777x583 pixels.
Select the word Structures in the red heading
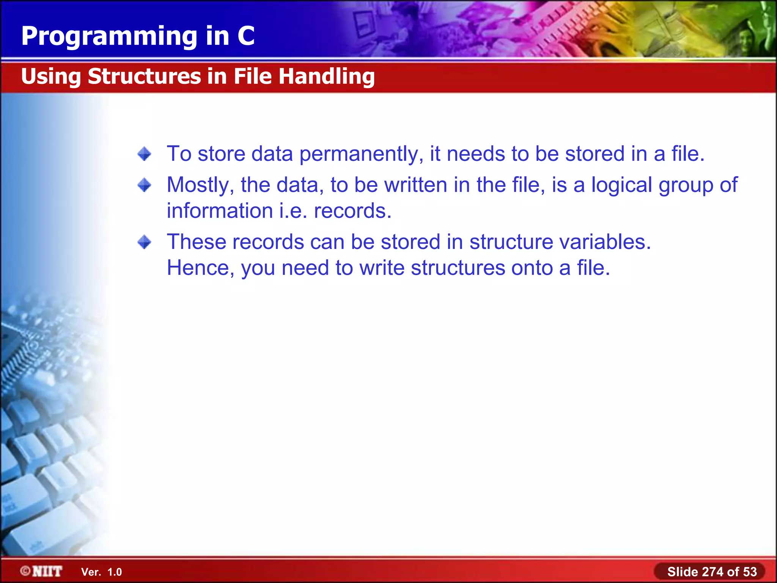click(x=144, y=76)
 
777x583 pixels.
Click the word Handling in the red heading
click(x=326, y=76)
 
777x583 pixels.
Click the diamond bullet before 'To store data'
click(x=144, y=154)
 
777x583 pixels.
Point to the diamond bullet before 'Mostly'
click(x=144, y=185)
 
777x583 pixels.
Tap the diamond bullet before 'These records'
click(x=144, y=242)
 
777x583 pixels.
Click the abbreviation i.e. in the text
click(x=293, y=211)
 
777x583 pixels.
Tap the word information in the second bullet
click(x=220, y=211)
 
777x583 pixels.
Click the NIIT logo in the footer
click(x=47, y=571)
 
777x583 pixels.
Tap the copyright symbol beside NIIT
click(x=25, y=571)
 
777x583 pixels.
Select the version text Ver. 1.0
click(x=101, y=572)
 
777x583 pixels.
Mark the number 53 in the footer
click(x=750, y=572)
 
